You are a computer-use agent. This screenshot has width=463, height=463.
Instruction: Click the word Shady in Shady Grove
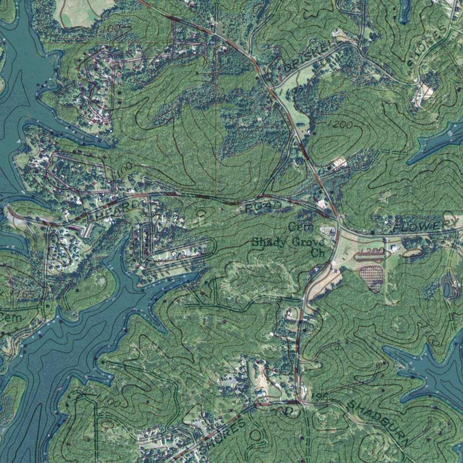(x=269, y=242)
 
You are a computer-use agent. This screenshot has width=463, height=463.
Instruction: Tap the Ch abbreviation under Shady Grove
(x=318, y=253)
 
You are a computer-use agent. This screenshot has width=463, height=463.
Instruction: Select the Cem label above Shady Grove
(x=298, y=226)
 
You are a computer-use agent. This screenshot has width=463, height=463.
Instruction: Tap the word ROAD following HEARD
(x=264, y=207)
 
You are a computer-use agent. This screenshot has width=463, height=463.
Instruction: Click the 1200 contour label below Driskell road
(x=338, y=125)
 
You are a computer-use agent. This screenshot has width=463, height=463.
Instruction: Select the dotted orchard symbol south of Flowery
(x=372, y=278)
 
